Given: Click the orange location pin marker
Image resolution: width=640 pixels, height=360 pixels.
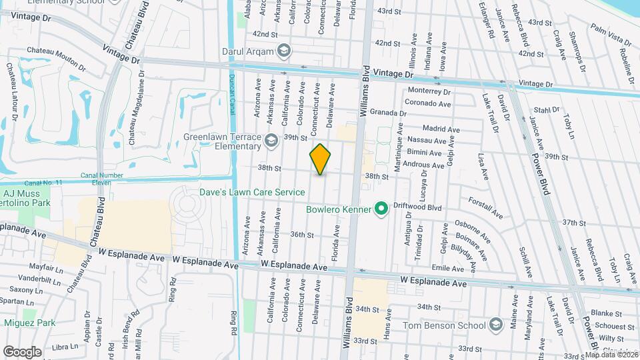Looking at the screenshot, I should click(x=320, y=159).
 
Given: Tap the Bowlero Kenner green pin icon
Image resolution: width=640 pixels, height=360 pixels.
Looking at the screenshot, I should click(x=381, y=209).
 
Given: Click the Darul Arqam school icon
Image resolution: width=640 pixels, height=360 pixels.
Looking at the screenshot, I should click(x=284, y=51).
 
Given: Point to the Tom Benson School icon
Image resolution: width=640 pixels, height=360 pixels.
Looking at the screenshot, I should click(x=495, y=325).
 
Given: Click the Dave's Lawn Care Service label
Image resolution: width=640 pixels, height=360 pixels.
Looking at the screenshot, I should click(x=253, y=192).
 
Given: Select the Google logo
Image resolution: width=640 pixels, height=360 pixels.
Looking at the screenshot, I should click(x=23, y=351).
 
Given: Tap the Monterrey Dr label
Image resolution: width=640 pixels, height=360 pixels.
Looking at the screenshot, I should click(x=429, y=91).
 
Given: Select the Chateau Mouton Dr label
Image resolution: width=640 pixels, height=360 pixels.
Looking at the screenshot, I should click(x=56, y=59).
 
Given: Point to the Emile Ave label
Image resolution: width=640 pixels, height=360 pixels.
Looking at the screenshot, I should click(x=447, y=267).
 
